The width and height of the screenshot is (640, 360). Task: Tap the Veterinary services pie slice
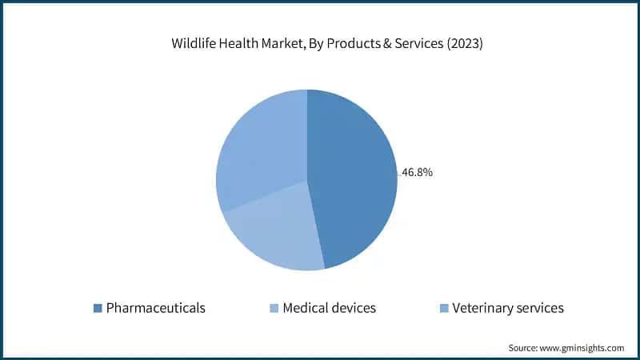(260, 148)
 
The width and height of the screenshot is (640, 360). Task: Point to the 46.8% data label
(417, 172)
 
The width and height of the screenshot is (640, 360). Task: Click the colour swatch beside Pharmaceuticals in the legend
(98, 308)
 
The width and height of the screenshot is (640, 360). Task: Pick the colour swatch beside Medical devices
(274, 308)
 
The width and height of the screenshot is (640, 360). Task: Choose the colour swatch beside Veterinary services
(444, 308)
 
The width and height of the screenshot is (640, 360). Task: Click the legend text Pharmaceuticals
(156, 308)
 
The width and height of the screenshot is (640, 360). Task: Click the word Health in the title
(235, 44)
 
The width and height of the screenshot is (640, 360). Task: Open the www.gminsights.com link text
(584, 348)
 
